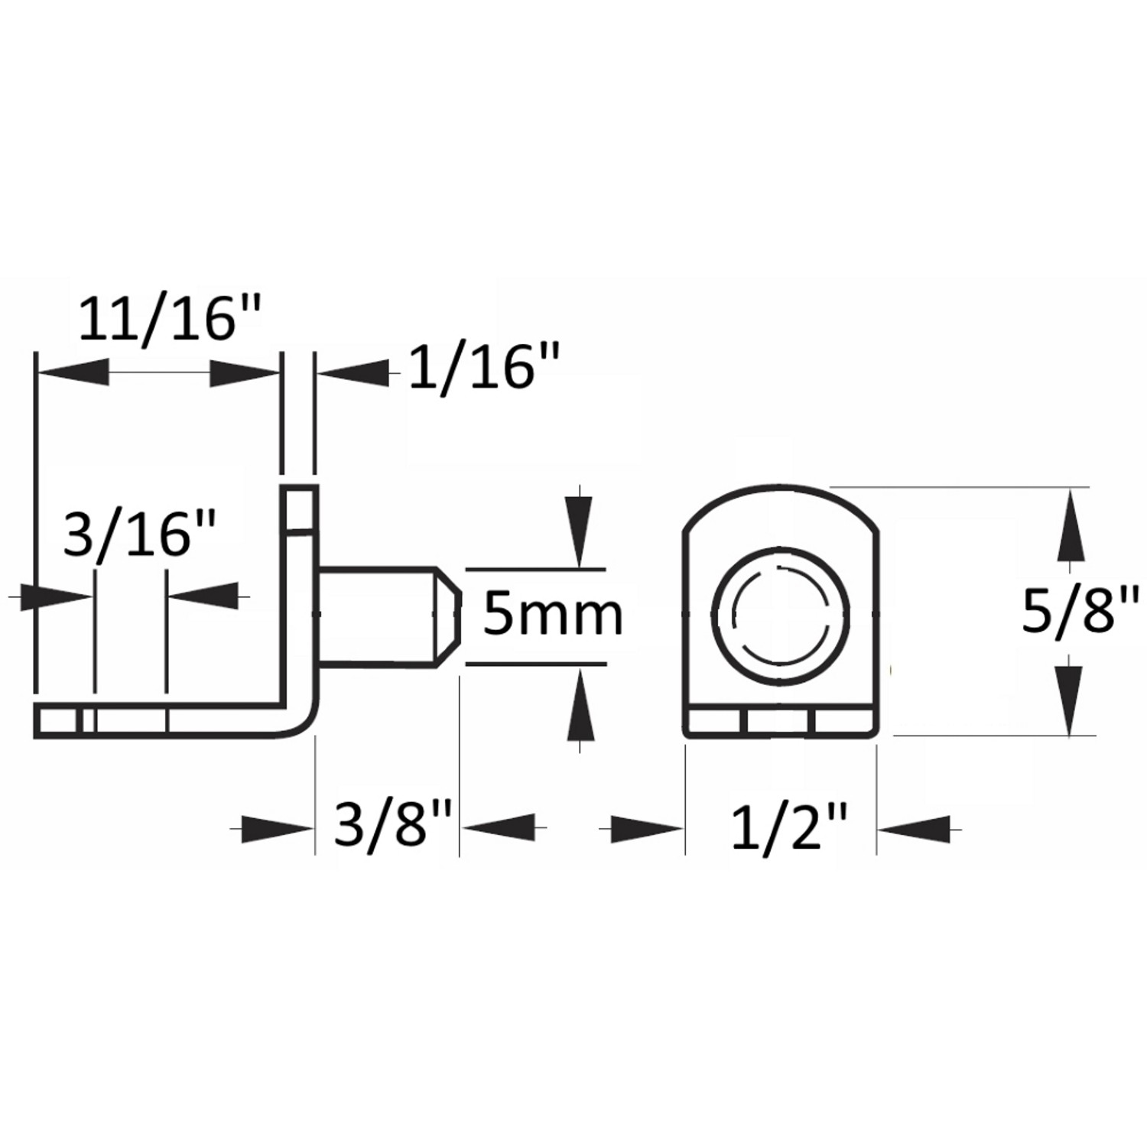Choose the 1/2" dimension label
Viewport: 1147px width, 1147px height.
tap(789, 827)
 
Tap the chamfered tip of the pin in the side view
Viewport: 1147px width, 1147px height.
tap(448, 616)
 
